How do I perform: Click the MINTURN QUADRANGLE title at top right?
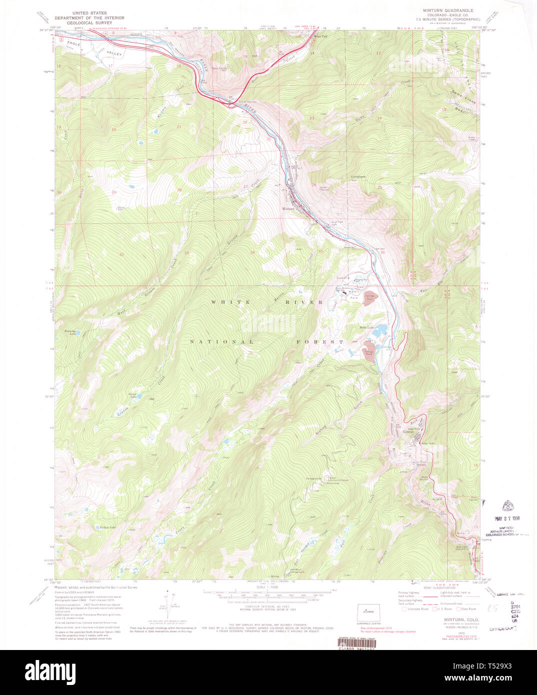coord(448,10)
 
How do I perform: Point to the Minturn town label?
coord(288,208)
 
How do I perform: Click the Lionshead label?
coord(358,176)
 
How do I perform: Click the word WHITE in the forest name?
coord(224,302)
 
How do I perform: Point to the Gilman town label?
coord(408,431)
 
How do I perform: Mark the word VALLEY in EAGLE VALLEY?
coord(114,53)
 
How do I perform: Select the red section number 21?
coord(178,127)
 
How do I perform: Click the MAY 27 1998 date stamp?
coord(507,518)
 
